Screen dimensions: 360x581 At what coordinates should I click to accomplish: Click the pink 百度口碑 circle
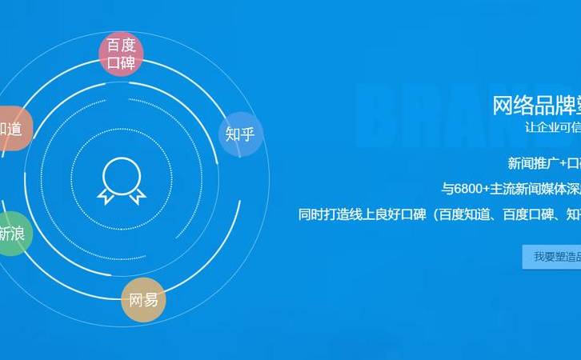[122, 54]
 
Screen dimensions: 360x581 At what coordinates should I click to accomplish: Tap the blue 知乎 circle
[240, 134]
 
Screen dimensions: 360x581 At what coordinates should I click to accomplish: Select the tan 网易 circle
[144, 300]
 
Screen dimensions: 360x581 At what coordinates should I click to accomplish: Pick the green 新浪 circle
[11, 234]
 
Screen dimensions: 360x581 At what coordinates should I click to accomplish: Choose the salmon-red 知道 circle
[11, 128]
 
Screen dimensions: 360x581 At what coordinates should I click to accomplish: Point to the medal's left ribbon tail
[106, 194]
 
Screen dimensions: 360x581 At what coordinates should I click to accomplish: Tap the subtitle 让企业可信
[552, 127]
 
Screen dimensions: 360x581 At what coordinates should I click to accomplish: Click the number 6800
[471, 190]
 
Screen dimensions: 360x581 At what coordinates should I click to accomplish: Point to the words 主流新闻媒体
[523, 190]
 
